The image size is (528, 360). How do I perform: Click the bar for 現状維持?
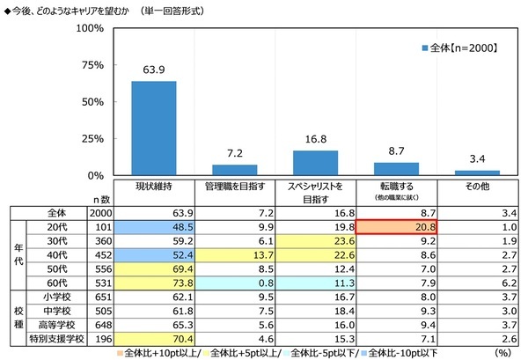click(x=154, y=128)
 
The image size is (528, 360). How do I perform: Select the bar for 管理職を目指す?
click(x=234, y=169)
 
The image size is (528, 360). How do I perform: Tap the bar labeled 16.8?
click(x=315, y=163)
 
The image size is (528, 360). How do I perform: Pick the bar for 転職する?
click(x=396, y=168)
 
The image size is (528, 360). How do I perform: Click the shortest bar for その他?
click(x=477, y=172)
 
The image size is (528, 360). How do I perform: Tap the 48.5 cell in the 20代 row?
click(x=154, y=225)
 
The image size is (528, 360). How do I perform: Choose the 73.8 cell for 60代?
click(x=154, y=282)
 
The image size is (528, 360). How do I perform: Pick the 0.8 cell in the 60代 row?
click(x=234, y=282)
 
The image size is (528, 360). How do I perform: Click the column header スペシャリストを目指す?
click(x=315, y=192)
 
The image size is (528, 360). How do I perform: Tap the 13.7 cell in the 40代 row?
click(x=234, y=253)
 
